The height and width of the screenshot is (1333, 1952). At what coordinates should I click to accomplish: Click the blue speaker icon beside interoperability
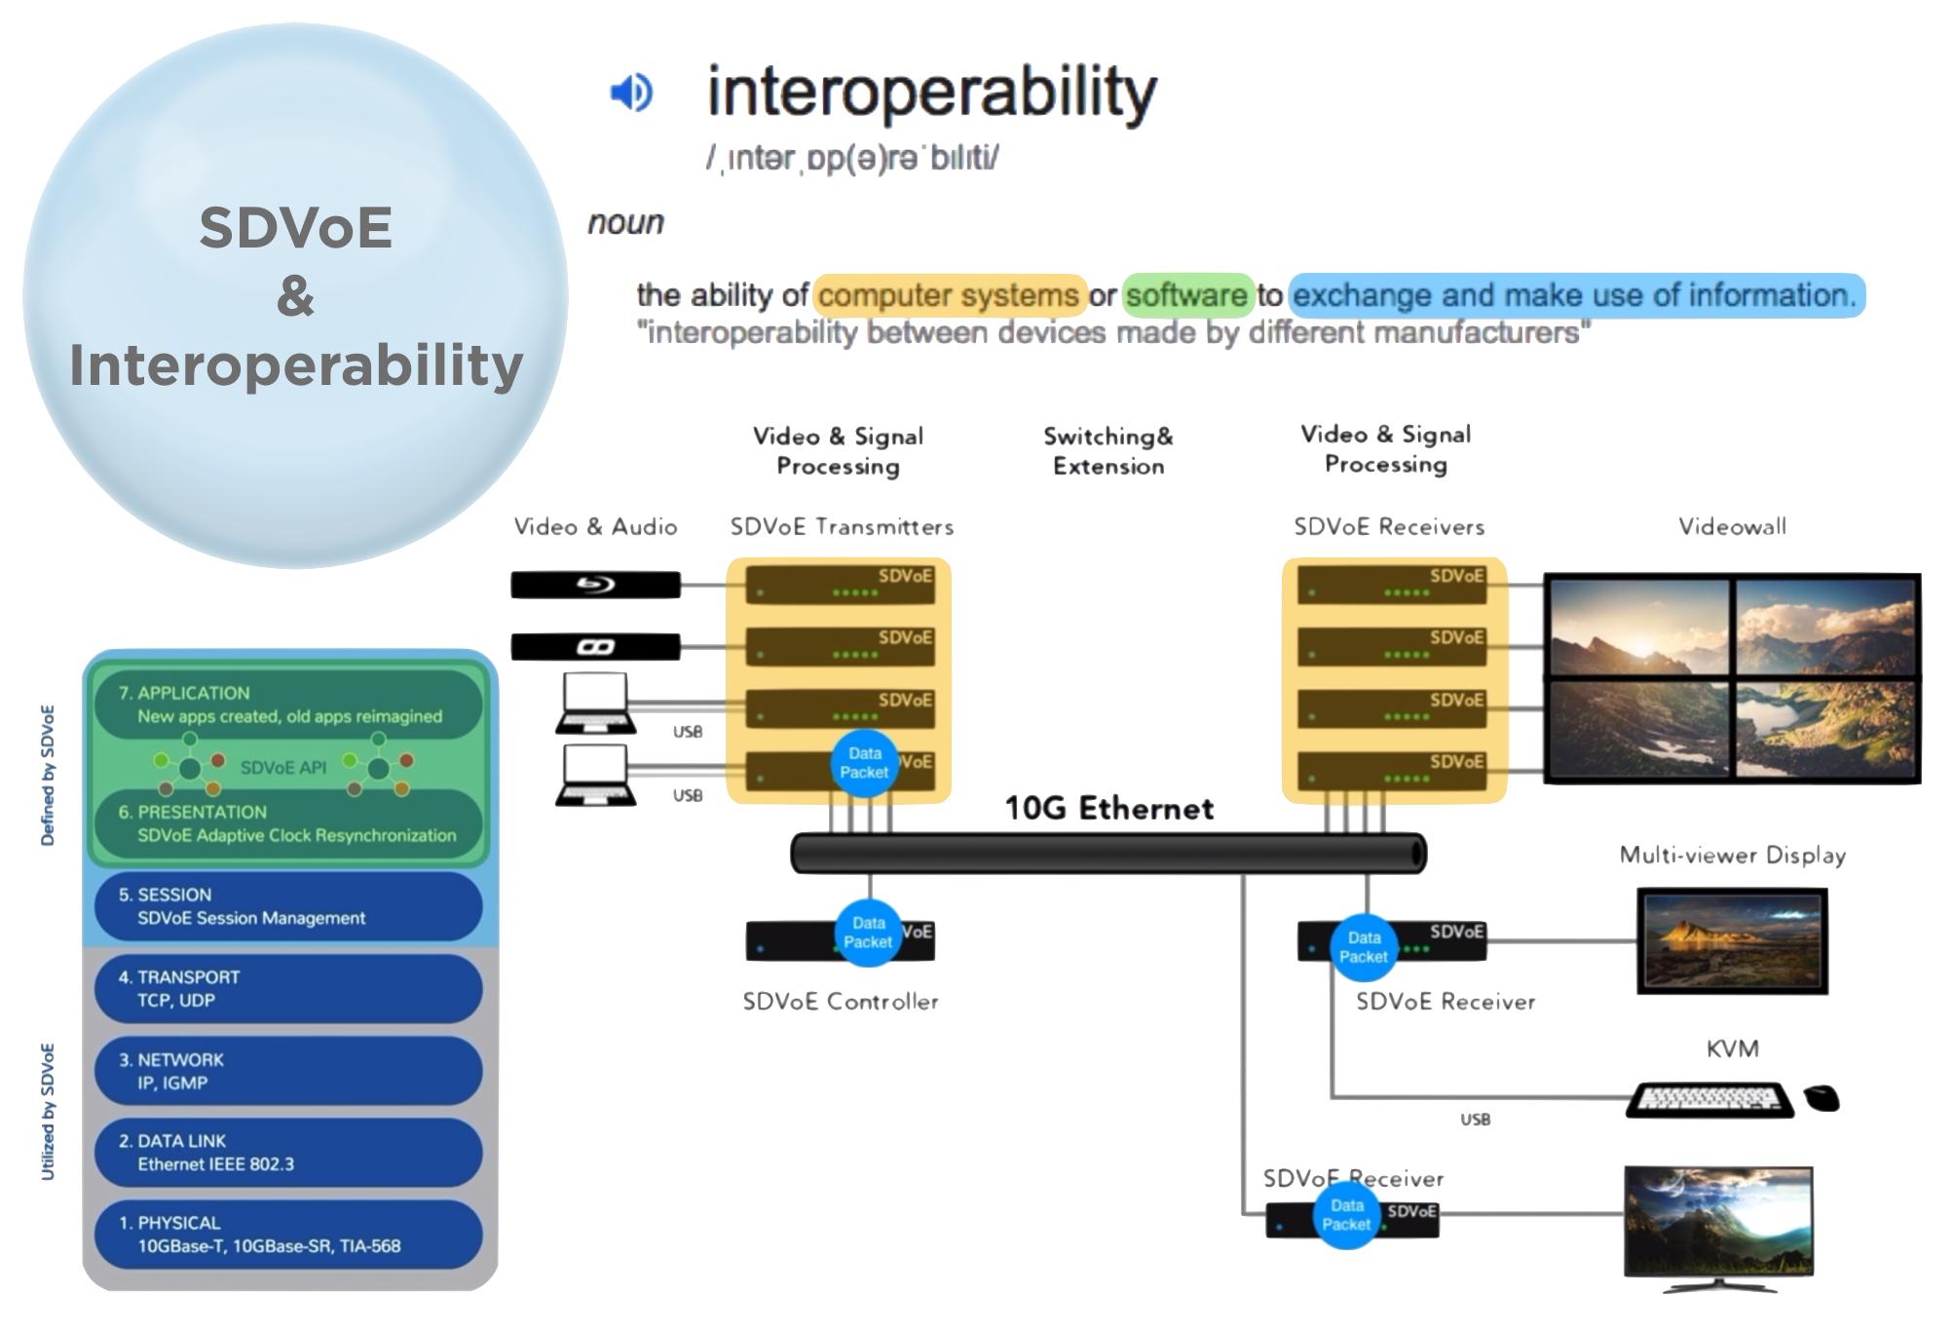[631, 94]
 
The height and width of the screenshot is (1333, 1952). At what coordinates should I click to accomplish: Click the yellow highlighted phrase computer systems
[950, 295]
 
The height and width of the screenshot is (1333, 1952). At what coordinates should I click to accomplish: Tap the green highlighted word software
[1187, 295]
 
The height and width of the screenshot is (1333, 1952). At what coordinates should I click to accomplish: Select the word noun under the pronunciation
[625, 223]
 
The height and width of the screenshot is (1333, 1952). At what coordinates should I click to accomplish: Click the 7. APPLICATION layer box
[288, 705]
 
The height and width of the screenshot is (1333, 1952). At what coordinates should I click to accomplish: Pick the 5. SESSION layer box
[288, 906]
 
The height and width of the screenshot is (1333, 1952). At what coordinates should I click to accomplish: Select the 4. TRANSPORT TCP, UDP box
[288, 988]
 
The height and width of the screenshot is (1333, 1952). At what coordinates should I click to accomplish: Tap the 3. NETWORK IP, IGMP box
[288, 1071]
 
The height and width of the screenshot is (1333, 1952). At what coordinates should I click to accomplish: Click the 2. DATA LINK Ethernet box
[288, 1152]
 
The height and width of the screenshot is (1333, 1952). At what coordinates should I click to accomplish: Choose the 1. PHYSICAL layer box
[288, 1234]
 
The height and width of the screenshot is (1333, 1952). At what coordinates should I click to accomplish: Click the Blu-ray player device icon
[595, 585]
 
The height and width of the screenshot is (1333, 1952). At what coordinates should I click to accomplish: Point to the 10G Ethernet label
[1108, 808]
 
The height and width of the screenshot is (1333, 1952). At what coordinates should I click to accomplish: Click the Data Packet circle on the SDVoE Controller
[867, 933]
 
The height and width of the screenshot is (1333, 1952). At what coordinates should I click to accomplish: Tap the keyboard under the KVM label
[1710, 1099]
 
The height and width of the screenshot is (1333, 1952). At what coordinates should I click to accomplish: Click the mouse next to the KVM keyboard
[1821, 1098]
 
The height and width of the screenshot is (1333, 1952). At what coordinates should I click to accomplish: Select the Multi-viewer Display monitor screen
[1732, 940]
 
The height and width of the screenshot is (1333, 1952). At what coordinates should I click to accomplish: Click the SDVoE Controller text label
[840, 1002]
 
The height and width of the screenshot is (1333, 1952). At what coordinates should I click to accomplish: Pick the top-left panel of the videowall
[1639, 626]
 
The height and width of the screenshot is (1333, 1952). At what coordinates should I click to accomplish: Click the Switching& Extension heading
[1108, 451]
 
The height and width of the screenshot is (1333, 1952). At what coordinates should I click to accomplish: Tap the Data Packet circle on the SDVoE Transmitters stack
[864, 763]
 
